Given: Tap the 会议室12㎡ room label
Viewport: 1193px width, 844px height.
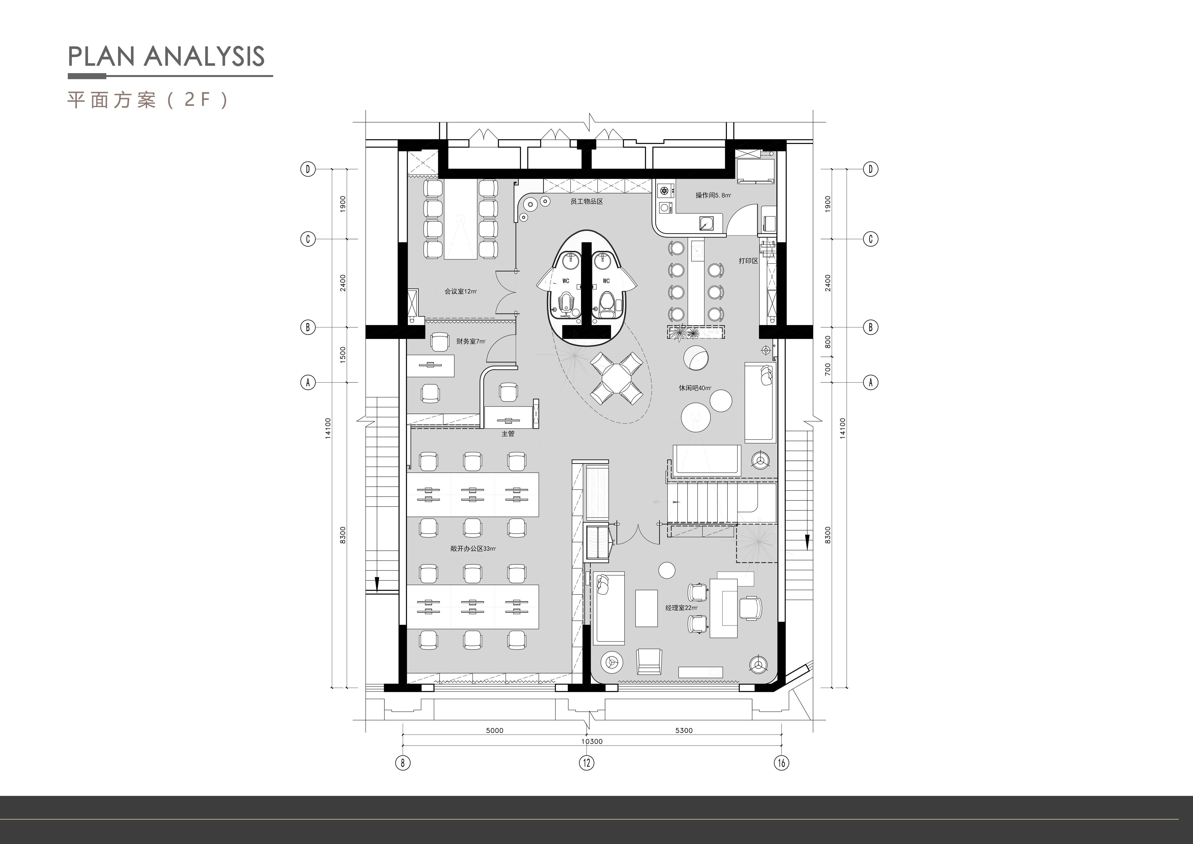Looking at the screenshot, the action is (x=460, y=292).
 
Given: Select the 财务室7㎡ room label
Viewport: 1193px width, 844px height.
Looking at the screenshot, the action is (x=471, y=341).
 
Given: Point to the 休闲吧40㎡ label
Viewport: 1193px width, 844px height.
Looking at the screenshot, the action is (x=695, y=388).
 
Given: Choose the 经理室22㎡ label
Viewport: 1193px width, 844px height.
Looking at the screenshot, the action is (x=681, y=607).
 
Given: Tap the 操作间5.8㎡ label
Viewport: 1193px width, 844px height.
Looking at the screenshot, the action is (x=713, y=195).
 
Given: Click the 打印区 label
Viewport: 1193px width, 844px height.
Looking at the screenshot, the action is (x=748, y=261).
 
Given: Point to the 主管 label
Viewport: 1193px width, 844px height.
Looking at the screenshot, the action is (x=508, y=434).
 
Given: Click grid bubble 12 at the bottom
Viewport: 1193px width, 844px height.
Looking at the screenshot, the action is (x=587, y=763).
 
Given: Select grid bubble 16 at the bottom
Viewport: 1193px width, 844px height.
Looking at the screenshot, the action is (x=781, y=763).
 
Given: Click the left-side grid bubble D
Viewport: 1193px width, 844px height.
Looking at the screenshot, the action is (x=308, y=169).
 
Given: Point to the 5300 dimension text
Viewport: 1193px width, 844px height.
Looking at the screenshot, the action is (x=684, y=730).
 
